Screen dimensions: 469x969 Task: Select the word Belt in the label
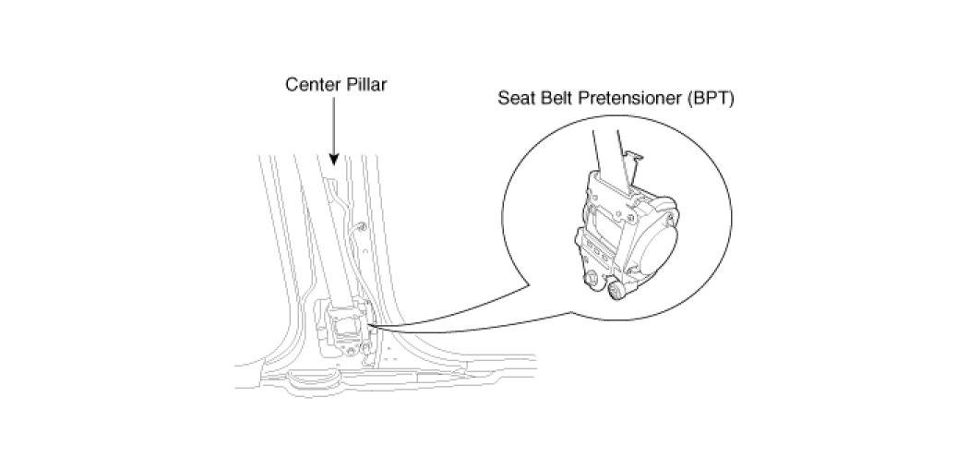pos(557,100)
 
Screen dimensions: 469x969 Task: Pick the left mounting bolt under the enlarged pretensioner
pos(591,277)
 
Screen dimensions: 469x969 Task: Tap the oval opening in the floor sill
pos(305,378)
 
